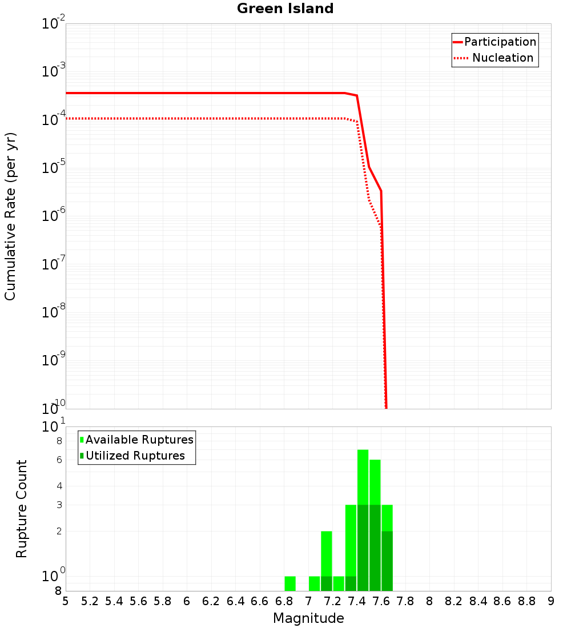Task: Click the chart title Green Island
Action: point(285,9)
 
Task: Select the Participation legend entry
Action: point(500,42)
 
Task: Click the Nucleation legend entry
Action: point(502,58)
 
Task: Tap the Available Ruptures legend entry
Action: point(139,440)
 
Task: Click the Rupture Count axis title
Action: point(22,509)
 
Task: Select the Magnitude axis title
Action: point(308,618)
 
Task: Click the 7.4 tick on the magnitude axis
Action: point(357,601)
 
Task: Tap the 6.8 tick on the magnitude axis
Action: point(284,601)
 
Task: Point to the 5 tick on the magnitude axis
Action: point(66,601)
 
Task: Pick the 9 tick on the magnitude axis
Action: point(550,601)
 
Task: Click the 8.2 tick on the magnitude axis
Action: point(454,601)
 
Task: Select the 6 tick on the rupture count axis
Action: point(58,460)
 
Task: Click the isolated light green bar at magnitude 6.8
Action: point(290,583)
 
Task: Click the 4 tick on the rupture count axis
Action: point(58,486)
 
